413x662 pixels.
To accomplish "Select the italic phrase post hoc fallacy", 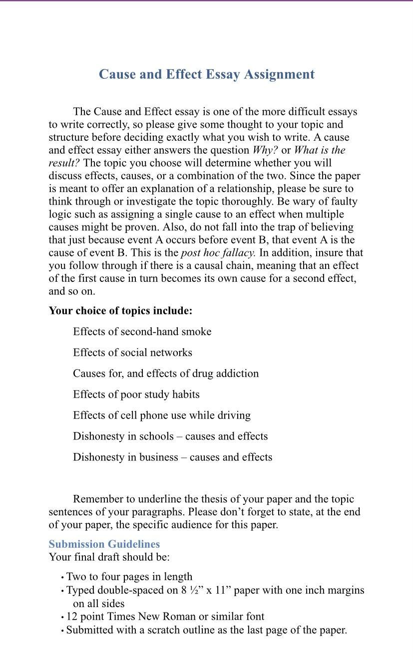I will [x=218, y=253].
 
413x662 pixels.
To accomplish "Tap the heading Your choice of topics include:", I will [x=120, y=311].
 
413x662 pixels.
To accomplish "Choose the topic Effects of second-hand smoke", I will [x=142, y=332].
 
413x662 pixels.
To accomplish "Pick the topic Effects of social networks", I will [x=132, y=353].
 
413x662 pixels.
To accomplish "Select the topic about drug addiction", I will [x=166, y=374].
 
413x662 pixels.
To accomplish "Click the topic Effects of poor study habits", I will [x=136, y=395].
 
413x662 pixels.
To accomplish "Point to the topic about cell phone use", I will [x=162, y=416].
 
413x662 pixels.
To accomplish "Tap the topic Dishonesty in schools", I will [x=170, y=437].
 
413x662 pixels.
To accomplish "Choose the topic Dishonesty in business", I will [x=172, y=457].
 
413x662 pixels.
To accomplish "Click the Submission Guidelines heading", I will [x=104, y=544].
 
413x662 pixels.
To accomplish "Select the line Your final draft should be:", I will [x=109, y=557].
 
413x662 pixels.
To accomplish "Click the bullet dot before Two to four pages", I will [x=62, y=578].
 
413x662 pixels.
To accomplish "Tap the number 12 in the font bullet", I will [x=71, y=617].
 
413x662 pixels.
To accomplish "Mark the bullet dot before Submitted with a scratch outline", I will [x=62, y=631].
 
